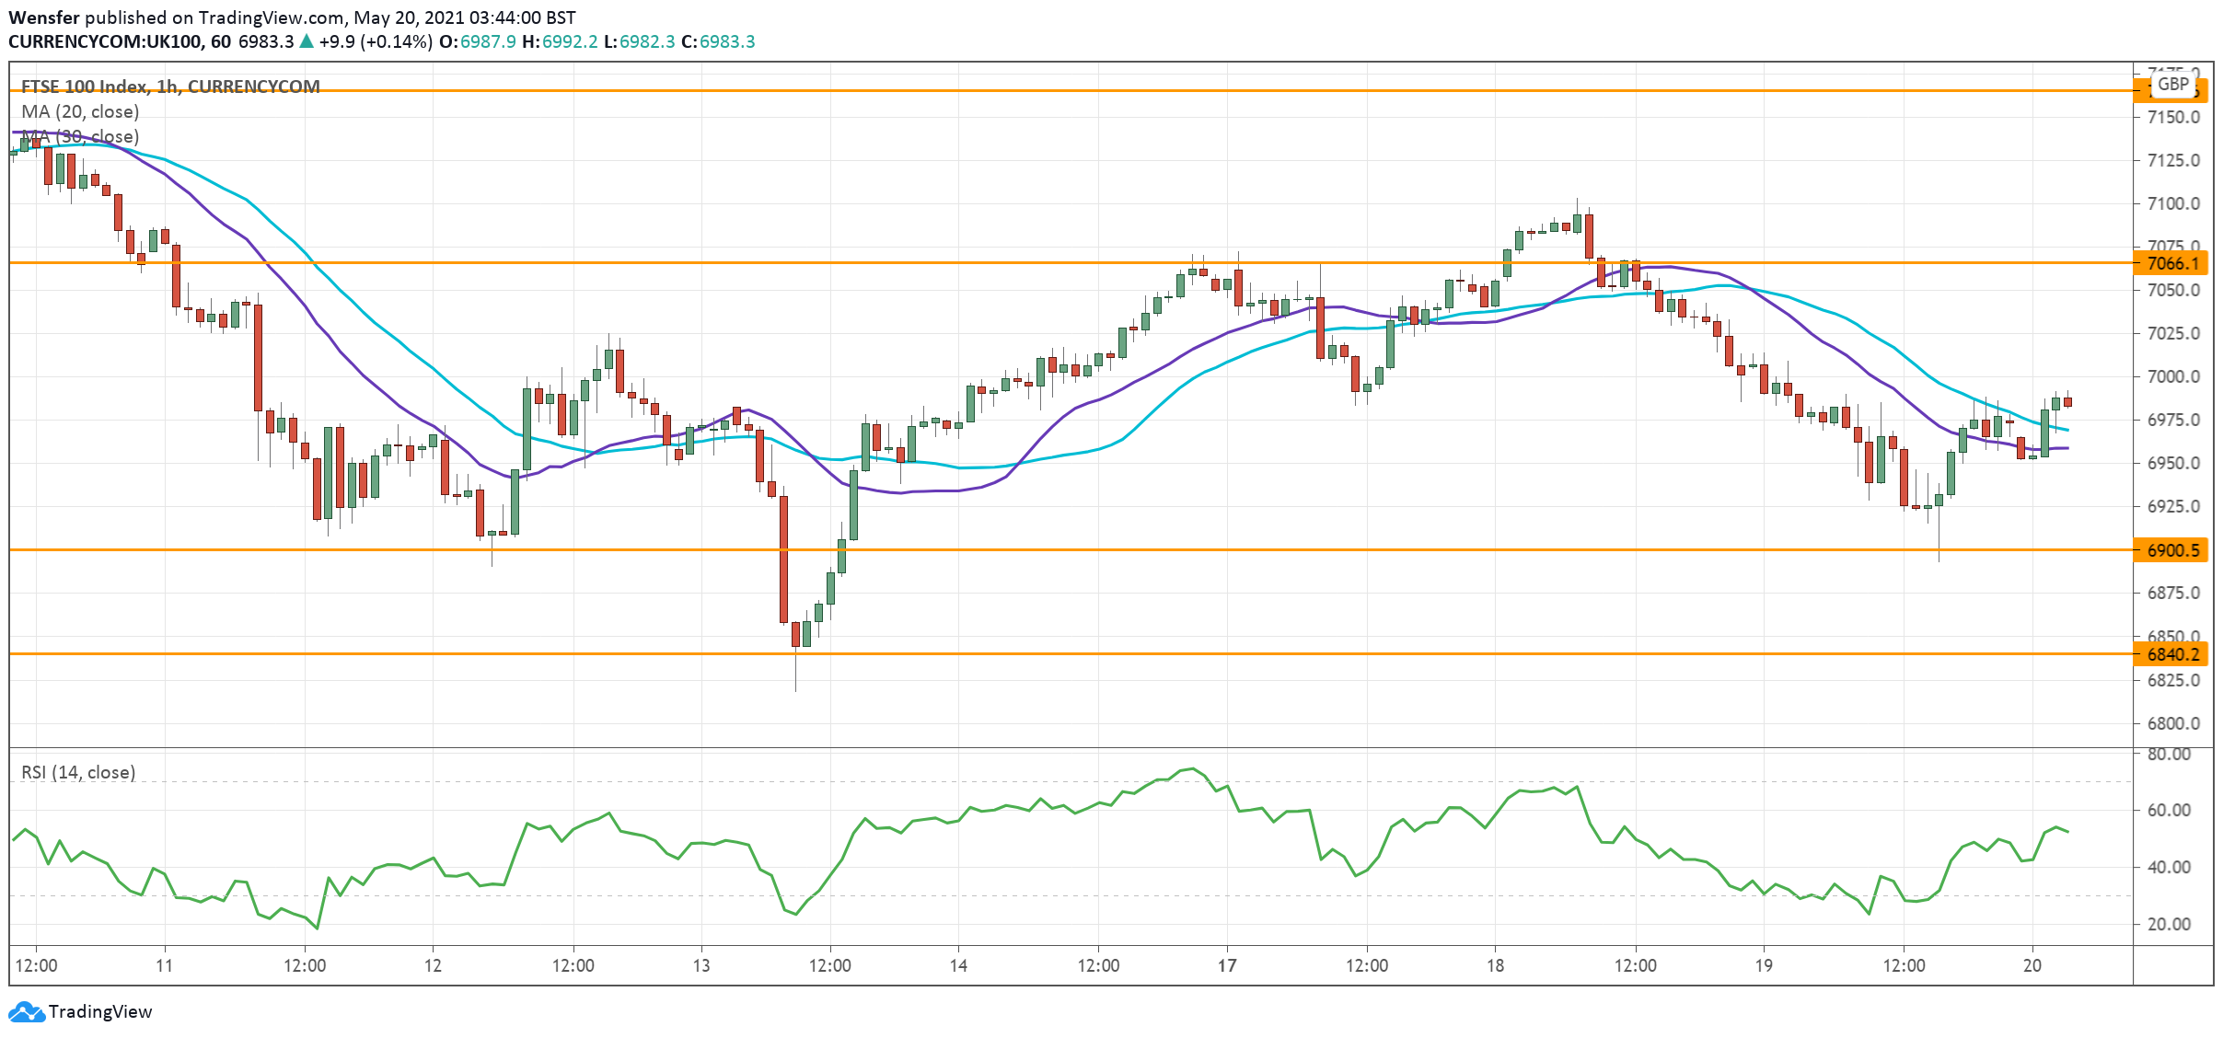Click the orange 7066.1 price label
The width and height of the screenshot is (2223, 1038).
[x=2172, y=263]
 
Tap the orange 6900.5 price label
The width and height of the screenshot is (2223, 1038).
[x=2172, y=550]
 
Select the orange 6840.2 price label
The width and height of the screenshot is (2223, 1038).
[x=2172, y=654]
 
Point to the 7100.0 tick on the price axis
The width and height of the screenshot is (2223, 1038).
[x=2172, y=203]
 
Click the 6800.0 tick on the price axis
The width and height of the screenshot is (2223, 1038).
[x=2172, y=723]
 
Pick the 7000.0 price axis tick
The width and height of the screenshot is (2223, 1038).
[x=2172, y=376]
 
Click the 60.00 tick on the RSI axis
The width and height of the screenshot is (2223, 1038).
[x=2169, y=810]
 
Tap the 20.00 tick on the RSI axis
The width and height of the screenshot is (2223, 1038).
[x=2169, y=924]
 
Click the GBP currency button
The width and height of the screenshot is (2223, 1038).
[x=2173, y=85]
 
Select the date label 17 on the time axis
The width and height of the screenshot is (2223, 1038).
[x=1227, y=965]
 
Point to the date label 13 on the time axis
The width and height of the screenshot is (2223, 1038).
[x=701, y=965]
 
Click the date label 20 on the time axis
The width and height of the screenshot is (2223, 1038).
[x=2032, y=965]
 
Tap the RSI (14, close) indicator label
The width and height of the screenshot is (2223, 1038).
[x=78, y=772]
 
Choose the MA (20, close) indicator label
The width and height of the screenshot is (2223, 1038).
[x=80, y=111]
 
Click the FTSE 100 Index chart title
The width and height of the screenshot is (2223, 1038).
[x=170, y=86]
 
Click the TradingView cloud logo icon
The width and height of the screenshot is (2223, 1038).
[x=27, y=1012]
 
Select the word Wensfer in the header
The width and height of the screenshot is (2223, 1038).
[x=44, y=17]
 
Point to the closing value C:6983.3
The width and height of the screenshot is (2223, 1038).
[x=718, y=41]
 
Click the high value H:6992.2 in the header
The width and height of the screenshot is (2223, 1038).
[x=560, y=41]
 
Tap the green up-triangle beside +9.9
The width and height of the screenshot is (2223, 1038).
[x=307, y=41]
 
